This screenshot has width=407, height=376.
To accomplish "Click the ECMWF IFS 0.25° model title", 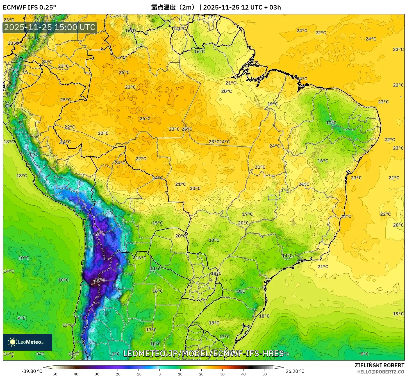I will (29, 7).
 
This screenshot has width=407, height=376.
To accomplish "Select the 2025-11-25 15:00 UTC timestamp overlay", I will (50, 27).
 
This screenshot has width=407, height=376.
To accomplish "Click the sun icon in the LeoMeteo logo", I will (12, 342).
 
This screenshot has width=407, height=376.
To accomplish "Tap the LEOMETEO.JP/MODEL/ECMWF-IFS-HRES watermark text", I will (203, 353).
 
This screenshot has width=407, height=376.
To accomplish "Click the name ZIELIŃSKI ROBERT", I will (379, 365).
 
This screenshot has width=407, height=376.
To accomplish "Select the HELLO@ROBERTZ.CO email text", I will (381, 372).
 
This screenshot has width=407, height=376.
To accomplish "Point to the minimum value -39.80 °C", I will (32, 371).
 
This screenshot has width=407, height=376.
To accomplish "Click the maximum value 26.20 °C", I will (295, 371).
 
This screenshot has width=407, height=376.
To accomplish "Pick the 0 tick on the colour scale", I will (159, 374).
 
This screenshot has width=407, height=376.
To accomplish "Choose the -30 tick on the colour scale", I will (96, 374).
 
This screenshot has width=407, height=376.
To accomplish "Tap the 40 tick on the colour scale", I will (244, 374).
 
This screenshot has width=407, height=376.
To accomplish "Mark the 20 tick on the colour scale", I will (201, 374).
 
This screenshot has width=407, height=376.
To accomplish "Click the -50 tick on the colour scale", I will (54, 374).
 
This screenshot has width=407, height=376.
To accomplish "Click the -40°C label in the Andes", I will (99, 280).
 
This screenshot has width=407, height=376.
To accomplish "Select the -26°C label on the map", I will (100, 234).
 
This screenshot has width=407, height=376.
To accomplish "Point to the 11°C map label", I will (155, 269).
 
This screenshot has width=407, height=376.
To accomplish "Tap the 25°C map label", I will (65, 100).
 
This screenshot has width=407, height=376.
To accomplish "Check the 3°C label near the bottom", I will (116, 354).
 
